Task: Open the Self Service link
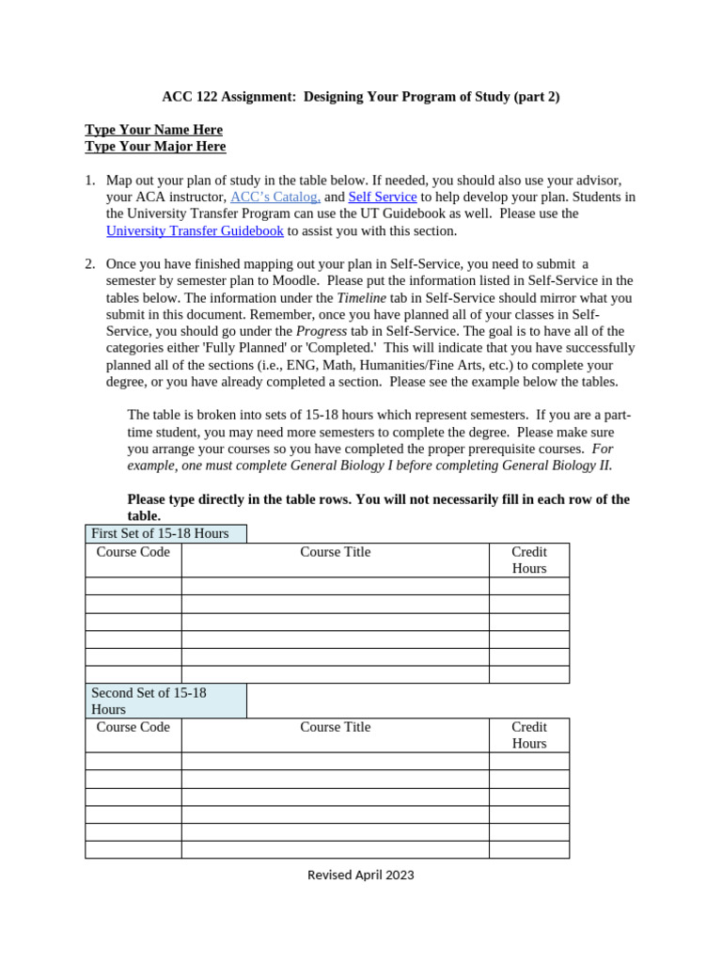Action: click(382, 197)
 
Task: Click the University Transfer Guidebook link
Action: click(195, 230)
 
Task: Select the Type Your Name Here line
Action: click(153, 129)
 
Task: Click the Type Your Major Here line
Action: click(155, 146)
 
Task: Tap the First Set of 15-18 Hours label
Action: click(160, 533)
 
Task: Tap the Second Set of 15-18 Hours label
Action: click(149, 701)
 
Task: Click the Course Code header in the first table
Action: click(133, 552)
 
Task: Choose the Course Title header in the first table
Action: click(335, 552)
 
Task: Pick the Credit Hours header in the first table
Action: click(528, 560)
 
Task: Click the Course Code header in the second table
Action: click(133, 727)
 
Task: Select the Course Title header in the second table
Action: click(335, 727)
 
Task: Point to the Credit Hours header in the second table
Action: click(528, 734)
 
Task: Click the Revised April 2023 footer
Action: click(361, 875)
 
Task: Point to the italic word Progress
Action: click(322, 331)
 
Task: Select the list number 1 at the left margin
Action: click(89, 180)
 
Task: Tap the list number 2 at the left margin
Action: click(89, 263)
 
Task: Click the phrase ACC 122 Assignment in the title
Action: click(215, 96)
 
